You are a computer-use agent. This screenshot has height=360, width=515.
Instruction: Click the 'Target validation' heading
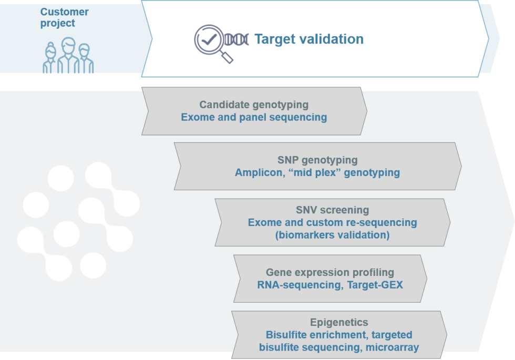coord(309,39)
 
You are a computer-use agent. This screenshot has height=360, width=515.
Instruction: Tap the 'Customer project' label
coord(64,17)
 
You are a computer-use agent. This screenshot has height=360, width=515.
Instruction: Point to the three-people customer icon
coord(68,56)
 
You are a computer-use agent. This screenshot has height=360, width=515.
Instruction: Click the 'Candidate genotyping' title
coord(254,105)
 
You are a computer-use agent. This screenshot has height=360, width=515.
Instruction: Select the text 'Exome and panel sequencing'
coord(254,117)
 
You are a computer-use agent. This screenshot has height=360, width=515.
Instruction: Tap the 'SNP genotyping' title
coord(317,160)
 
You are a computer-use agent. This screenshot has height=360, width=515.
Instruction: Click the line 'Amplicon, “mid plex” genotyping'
coord(317,172)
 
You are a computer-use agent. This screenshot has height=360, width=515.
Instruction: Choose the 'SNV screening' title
coord(332,210)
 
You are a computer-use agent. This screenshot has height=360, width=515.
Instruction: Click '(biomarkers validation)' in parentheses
coord(332,235)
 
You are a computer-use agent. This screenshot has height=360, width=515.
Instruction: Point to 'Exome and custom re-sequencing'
coord(332,222)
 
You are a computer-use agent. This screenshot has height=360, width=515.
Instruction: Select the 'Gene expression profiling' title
coord(330,272)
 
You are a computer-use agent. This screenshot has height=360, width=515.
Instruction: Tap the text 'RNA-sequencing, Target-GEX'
coord(330,285)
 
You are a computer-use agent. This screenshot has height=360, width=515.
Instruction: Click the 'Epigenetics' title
coord(339,322)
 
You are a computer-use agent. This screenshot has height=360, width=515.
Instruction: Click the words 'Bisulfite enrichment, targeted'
coord(339,335)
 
